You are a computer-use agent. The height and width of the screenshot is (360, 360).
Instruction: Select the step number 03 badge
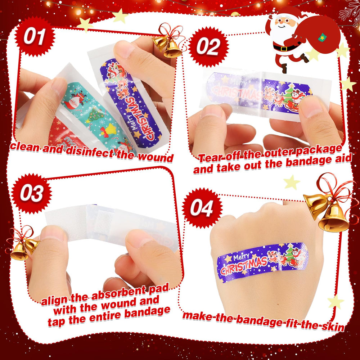tap(31, 193)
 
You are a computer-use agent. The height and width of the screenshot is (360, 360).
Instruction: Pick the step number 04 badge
tap(202, 208)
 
